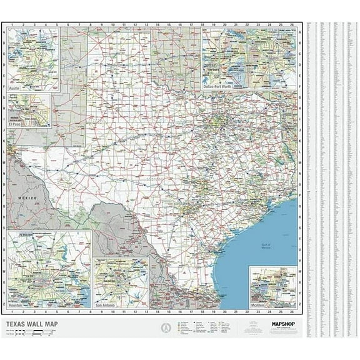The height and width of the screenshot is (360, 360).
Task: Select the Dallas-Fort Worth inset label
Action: point(219,89)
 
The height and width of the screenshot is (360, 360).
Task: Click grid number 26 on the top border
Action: point(292,25)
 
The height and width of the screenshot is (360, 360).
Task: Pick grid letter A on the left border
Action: point(4,34)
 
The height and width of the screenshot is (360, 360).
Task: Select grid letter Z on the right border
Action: point(300,303)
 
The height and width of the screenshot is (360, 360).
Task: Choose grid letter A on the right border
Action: point(300,34)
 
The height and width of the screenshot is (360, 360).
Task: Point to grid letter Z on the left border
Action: point(4,303)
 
